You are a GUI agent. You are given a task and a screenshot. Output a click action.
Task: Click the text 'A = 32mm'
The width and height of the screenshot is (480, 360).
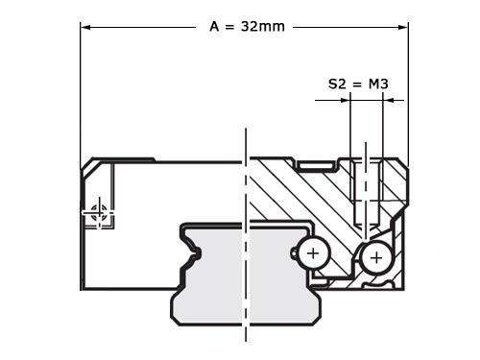pos(247,26)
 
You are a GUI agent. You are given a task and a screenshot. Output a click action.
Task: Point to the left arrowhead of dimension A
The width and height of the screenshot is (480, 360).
pos(86,27)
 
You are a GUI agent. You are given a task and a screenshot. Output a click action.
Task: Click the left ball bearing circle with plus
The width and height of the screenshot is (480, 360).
pos(312,253)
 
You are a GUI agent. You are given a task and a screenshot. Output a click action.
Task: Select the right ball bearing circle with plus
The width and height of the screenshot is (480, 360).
pos(375,257)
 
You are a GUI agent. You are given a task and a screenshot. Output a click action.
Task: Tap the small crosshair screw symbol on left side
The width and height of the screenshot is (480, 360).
pos(98,216)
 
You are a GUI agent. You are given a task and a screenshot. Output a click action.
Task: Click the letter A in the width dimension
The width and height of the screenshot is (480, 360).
pos(214,26)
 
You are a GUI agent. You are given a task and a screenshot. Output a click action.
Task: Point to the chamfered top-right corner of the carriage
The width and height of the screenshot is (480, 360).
pos(402,165)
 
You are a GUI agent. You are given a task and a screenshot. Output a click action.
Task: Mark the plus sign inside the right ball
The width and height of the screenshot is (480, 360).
pos(375,257)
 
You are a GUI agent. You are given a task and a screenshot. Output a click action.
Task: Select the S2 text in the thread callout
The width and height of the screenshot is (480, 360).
pos(335,84)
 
